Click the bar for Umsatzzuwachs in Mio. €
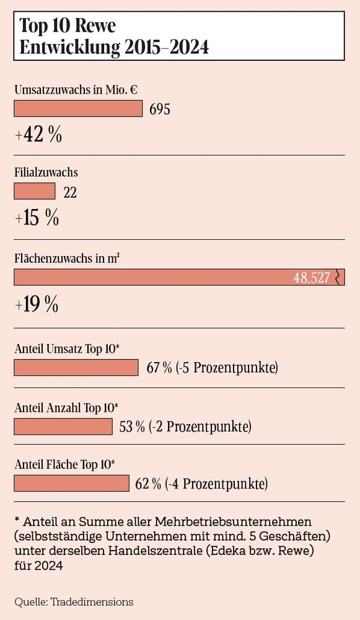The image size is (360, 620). point(78,109)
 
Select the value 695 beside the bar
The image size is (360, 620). point(160,110)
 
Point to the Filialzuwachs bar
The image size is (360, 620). point(34,192)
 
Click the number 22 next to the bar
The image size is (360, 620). point(70,193)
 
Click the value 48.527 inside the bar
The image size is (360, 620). point(311,278)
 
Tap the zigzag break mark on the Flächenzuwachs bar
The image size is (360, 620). point(338,277)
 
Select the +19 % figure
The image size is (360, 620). point(37,304)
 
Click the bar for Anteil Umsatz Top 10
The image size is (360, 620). point(76,368)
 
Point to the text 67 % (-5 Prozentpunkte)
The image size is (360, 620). point(212,368)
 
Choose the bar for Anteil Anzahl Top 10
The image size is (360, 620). point(62,427)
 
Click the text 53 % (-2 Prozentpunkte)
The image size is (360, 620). point(184,427)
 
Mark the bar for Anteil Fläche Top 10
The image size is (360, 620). point(71,483)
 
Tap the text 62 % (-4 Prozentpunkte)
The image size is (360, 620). point(201,484)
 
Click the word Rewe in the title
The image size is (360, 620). point(94,25)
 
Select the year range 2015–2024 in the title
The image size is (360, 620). point(164,47)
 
